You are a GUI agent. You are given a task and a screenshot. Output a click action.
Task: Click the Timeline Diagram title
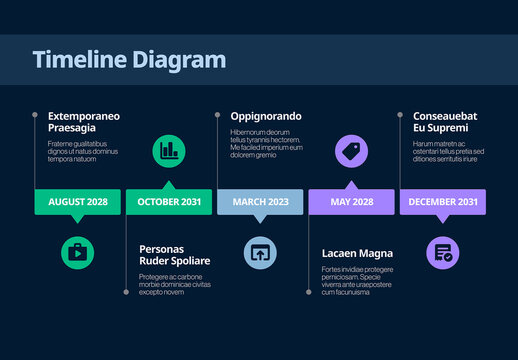[x=129, y=60]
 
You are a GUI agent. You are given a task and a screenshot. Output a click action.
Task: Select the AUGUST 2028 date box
[x=78, y=202]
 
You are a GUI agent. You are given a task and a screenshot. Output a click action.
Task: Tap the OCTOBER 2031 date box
[x=169, y=202]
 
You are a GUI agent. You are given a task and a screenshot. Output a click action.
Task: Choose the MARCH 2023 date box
[x=260, y=202]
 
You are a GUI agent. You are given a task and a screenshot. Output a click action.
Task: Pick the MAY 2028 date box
[x=351, y=202]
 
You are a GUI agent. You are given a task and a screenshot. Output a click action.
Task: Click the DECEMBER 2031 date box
[x=443, y=202]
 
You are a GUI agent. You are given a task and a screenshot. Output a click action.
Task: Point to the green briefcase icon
[x=77, y=252]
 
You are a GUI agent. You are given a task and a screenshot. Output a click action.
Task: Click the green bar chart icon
[x=169, y=151]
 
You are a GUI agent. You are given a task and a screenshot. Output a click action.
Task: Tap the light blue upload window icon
[x=260, y=252]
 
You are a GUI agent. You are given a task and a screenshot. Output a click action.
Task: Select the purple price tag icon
[x=351, y=151]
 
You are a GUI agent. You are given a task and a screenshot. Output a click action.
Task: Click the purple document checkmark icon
[x=443, y=252]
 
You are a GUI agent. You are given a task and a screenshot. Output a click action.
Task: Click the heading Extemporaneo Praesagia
[x=84, y=123]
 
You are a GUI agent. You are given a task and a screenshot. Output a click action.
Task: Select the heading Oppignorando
[x=266, y=116]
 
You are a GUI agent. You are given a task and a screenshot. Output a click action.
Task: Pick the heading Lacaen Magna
[x=357, y=253]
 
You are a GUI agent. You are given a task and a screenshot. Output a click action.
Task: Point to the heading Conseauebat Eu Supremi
[x=445, y=123]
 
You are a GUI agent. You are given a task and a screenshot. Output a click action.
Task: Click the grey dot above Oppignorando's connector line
[x=217, y=115]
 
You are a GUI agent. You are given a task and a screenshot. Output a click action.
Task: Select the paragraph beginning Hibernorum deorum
[x=266, y=144]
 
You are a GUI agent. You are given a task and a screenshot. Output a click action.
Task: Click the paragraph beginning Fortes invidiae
[x=357, y=281]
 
